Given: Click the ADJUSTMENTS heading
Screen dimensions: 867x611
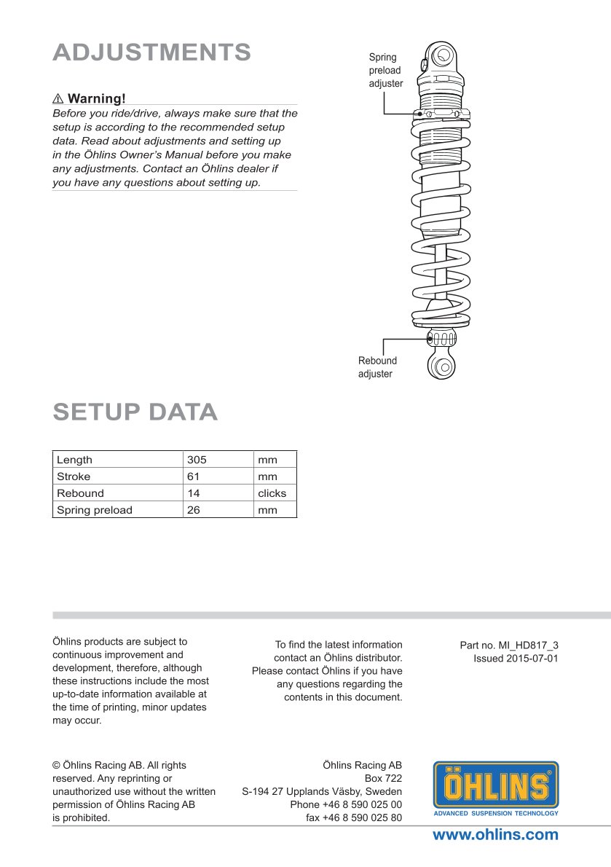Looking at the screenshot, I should coord(151,52).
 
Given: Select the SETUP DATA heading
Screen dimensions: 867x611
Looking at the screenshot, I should coord(135,412).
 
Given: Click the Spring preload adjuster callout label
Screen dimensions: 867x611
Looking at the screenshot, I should coord(385,71).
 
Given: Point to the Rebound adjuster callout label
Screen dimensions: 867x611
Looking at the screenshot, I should coord(377,367).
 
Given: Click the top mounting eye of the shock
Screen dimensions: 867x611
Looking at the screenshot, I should coord(441,55).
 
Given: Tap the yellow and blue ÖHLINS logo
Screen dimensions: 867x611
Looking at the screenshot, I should coord(496,788).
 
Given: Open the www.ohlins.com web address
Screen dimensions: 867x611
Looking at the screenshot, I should coord(495,835).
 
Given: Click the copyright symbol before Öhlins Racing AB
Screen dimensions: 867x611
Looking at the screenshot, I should coord(56,765).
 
